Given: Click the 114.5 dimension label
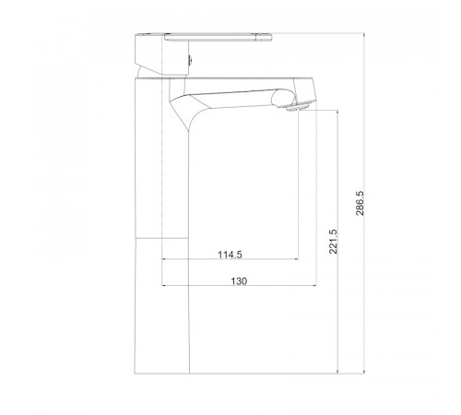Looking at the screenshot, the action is click(230, 255).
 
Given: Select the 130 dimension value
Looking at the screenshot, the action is click(239, 281).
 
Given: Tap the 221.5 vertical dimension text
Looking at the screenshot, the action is click(333, 242).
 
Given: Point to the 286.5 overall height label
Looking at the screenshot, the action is click(360, 203).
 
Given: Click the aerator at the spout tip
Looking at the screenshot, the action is click(297, 107).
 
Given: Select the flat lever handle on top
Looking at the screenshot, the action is click(218, 37).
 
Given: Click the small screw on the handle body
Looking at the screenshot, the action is click(190, 59).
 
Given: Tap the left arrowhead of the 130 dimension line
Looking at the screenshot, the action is click(163, 286).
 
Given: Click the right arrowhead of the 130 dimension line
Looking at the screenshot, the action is click(314, 286).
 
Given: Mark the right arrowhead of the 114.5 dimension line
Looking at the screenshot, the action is click(296, 259).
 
